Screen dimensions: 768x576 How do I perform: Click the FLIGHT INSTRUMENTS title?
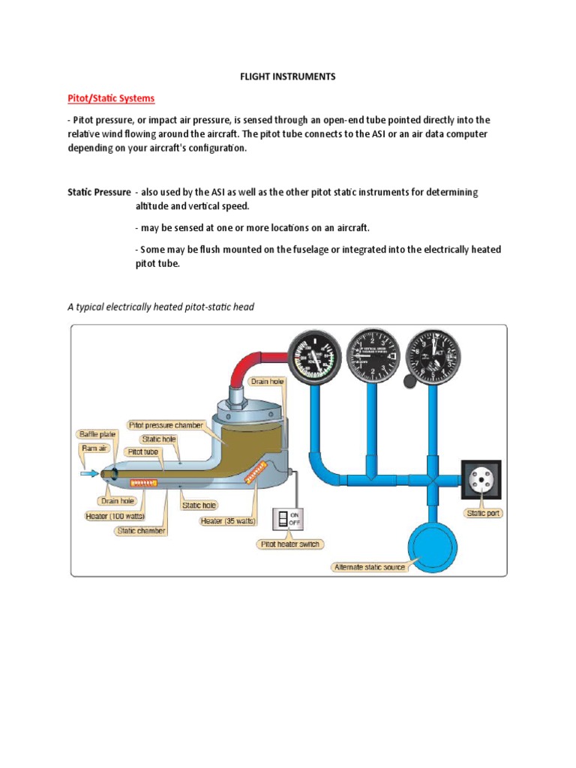287,76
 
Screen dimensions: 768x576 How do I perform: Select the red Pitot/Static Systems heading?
111,98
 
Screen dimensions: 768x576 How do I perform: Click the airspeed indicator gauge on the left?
314,356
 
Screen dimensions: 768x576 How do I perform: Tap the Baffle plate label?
97,434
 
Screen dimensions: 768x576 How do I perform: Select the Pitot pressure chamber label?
166,424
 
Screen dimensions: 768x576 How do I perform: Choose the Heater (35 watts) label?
227,520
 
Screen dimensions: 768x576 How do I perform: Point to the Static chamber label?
140,530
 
